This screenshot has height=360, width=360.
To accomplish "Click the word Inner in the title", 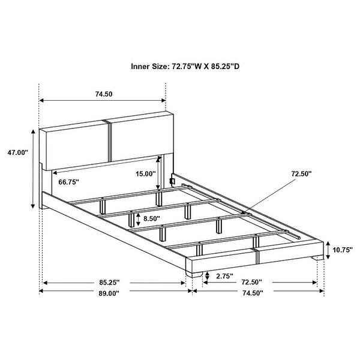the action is pyautogui.click(x=140, y=67).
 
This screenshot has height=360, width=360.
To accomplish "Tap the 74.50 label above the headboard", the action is pyautogui.click(x=104, y=94).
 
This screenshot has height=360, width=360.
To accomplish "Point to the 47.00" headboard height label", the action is pyautogui.click(x=17, y=152).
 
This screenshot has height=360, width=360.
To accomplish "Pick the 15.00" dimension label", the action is pyautogui.click(x=146, y=174).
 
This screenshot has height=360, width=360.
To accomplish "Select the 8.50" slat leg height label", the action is pyautogui.click(x=152, y=218).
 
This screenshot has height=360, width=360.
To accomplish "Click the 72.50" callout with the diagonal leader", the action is pyautogui.click(x=301, y=173).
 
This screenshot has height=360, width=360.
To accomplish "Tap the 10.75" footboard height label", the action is pyautogui.click(x=343, y=250).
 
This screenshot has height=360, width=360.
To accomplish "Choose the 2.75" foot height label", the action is pyautogui.click(x=224, y=276).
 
